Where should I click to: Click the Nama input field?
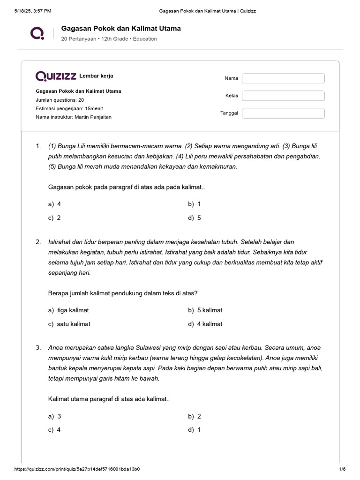pyautogui.click(x=283, y=78)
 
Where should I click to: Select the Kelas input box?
pyautogui.click(x=283, y=96)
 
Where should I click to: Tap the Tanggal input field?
pyautogui.click(x=283, y=113)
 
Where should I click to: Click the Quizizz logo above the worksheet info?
pyautogui.click(x=56, y=76)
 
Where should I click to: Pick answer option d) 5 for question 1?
pyautogui.click(x=195, y=217)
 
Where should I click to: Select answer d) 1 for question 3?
pyautogui.click(x=195, y=430)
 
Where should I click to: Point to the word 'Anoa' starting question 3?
pyautogui.click(x=56, y=348)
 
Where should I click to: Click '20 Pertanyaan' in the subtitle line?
pyautogui.click(x=79, y=39)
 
